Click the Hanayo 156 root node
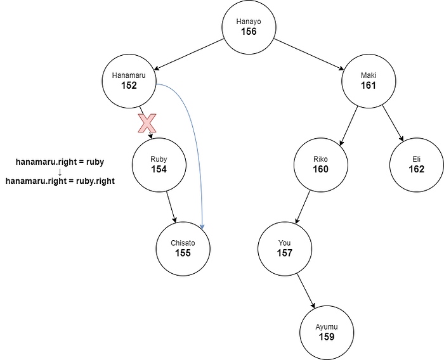pos(248,27)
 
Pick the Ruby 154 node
pos(159,165)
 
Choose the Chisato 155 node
pos(183,248)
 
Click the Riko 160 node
pos(320,165)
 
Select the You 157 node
pos(284,248)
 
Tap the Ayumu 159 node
pos(327,331)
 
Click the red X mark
pos(147,124)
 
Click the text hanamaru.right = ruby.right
pos(60,181)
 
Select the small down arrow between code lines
pos(60,172)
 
